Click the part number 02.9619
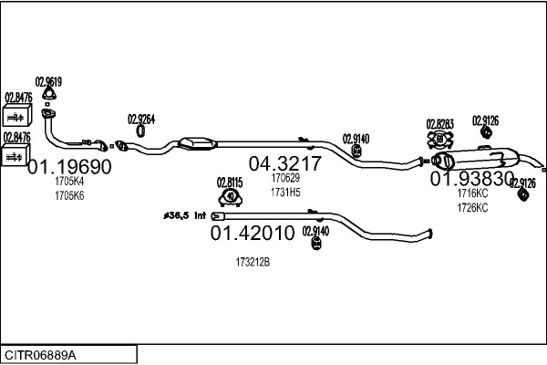pyautogui.click(x=48, y=80)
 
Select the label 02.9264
pyautogui.click(x=141, y=118)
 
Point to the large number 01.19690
pyautogui.click(x=69, y=167)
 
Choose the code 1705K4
pyautogui.click(x=69, y=182)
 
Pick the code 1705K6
pyautogui.click(x=69, y=195)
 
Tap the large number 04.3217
pyautogui.click(x=285, y=164)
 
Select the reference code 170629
pyautogui.click(x=285, y=179)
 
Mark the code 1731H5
pyautogui.click(x=285, y=192)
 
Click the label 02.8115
pyautogui.click(x=231, y=181)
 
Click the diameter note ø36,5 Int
pyautogui.click(x=185, y=215)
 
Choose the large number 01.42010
pyautogui.click(x=253, y=234)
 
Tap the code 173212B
pyautogui.click(x=253, y=262)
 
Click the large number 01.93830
pyautogui.click(x=472, y=179)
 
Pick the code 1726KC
pyautogui.click(x=472, y=207)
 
